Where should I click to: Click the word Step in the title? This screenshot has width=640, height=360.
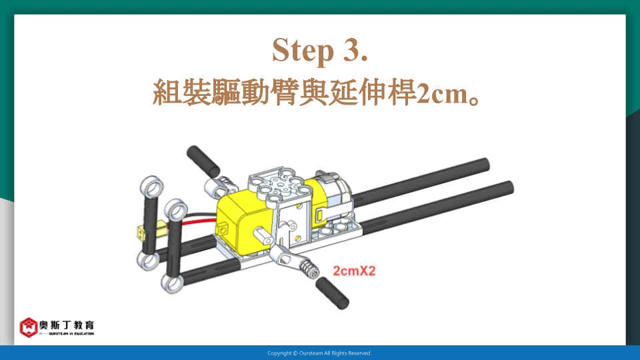click(303, 50)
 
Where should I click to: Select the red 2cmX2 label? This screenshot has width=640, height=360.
click(354, 271)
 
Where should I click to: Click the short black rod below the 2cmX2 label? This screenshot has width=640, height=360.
click(332, 293)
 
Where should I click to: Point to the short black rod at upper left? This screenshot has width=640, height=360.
click(203, 161)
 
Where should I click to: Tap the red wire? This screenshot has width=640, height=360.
click(199, 221)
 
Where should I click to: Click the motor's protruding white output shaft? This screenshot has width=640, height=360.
click(263, 236)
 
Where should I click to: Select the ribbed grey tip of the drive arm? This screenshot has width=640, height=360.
click(309, 270)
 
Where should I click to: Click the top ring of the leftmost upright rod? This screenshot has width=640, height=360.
click(152, 187)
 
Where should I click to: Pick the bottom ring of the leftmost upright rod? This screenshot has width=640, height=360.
click(148, 261)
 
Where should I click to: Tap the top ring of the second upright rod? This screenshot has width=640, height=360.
click(176, 211)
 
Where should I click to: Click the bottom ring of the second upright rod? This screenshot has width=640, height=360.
click(173, 283)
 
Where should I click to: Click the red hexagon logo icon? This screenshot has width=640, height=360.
click(29, 327)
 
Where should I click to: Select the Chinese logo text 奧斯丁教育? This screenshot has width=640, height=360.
click(67, 325)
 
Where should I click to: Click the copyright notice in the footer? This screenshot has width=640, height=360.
click(319, 353)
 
